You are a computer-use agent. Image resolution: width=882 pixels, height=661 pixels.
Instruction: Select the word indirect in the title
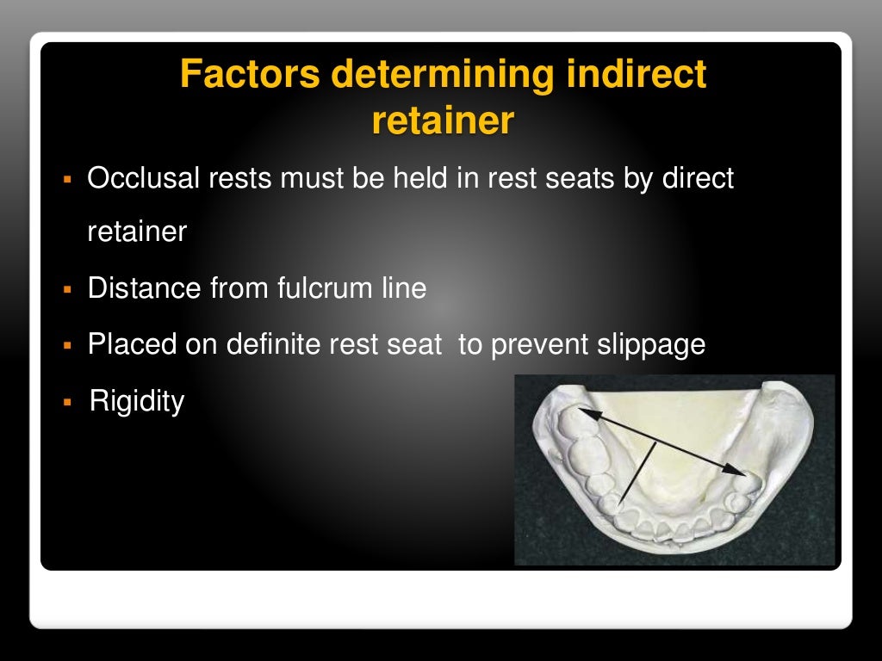[637, 76]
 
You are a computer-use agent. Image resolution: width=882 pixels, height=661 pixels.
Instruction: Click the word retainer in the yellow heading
[443, 121]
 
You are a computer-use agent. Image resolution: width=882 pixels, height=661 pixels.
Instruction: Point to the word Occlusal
[143, 178]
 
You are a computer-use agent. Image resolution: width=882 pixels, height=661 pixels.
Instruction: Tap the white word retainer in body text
[137, 232]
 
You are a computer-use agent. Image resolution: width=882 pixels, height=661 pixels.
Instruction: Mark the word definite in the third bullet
[279, 344]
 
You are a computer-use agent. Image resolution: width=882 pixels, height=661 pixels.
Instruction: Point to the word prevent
[538, 344]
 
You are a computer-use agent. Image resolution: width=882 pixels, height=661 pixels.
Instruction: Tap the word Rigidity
[137, 400]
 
